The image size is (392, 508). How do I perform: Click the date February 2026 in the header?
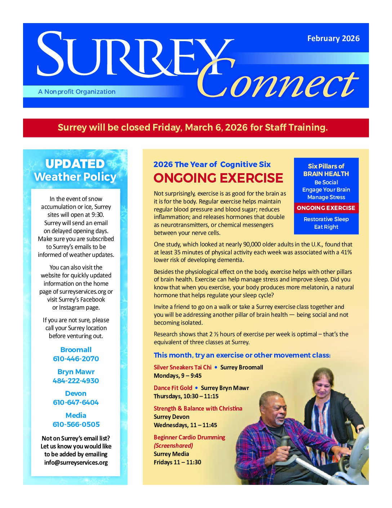[x=333, y=39]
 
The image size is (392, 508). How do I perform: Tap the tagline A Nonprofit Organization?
[x=77, y=92]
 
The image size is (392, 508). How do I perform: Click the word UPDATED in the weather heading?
[x=75, y=164]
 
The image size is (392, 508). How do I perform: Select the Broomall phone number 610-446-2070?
[x=76, y=359]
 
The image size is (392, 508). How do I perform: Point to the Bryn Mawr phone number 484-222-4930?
[x=76, y=381]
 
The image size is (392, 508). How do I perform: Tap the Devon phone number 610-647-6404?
[x=76, y=402]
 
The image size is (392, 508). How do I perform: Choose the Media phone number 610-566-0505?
[x=76, y=424]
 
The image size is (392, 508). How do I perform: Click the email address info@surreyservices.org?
[x=76, y=462]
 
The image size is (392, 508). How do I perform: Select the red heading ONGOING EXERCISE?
[x=218, y=178]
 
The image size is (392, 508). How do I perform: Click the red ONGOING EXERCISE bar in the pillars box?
[x=326, y=208]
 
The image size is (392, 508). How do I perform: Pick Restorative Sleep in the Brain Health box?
[x=326, y=219]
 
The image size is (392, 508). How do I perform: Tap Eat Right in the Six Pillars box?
[x=326, y=227]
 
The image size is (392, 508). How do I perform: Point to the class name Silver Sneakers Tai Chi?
[x=183, y=367]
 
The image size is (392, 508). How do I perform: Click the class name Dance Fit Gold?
[x=173, y=388]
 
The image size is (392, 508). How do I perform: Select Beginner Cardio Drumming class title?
[x=190, y=437]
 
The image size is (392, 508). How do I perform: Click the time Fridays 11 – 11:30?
[x=178, y=462]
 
